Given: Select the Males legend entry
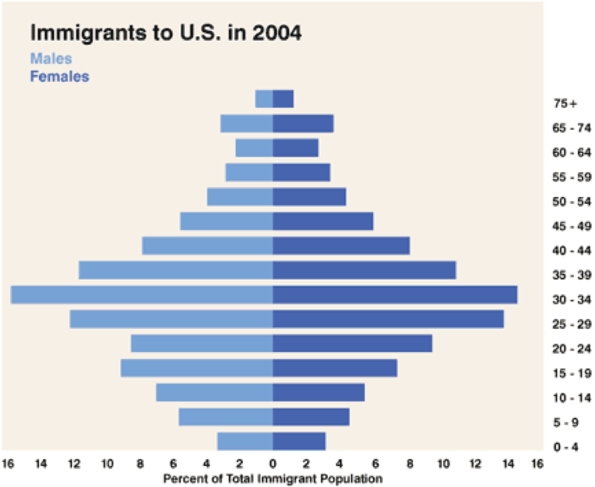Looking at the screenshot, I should pyautogui.click(x=51, y=59).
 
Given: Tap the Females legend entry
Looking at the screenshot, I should pyautogui.click(x=59, y=76).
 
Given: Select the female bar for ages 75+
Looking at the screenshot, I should pyautogui.click(x=283, y=99).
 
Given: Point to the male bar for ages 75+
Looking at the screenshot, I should pyautogui.click(x=264, y=99).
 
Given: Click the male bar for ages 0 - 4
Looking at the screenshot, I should pyautogui.click(x=245, y=442).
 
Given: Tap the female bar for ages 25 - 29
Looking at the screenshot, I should pyautogui.click(x=388, y=319).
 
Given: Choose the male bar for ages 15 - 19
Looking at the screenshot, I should pyautogui.click(x=197, y=368).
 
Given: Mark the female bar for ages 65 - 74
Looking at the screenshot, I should pyautogui.click(x=303, y=124).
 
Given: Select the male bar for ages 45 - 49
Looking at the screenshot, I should pyautogui.click(x=226, y=221).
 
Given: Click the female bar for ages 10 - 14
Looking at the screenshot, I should pyautogui.click(x=319, y=393).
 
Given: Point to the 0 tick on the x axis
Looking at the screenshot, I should pyautogui.click(x=272, y=465).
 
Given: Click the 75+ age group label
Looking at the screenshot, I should pyautogui.click(x=565, y=103).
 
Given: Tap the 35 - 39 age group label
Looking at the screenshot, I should pyautogui.click(x=571, y=275).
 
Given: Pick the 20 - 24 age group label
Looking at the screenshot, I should pyautogui.click(x=571, y=349).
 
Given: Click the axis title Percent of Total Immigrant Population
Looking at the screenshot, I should pyautogui.click(x=272, y=478).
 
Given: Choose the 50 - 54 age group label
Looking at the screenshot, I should pyautogui.click(x=571, y=202).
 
